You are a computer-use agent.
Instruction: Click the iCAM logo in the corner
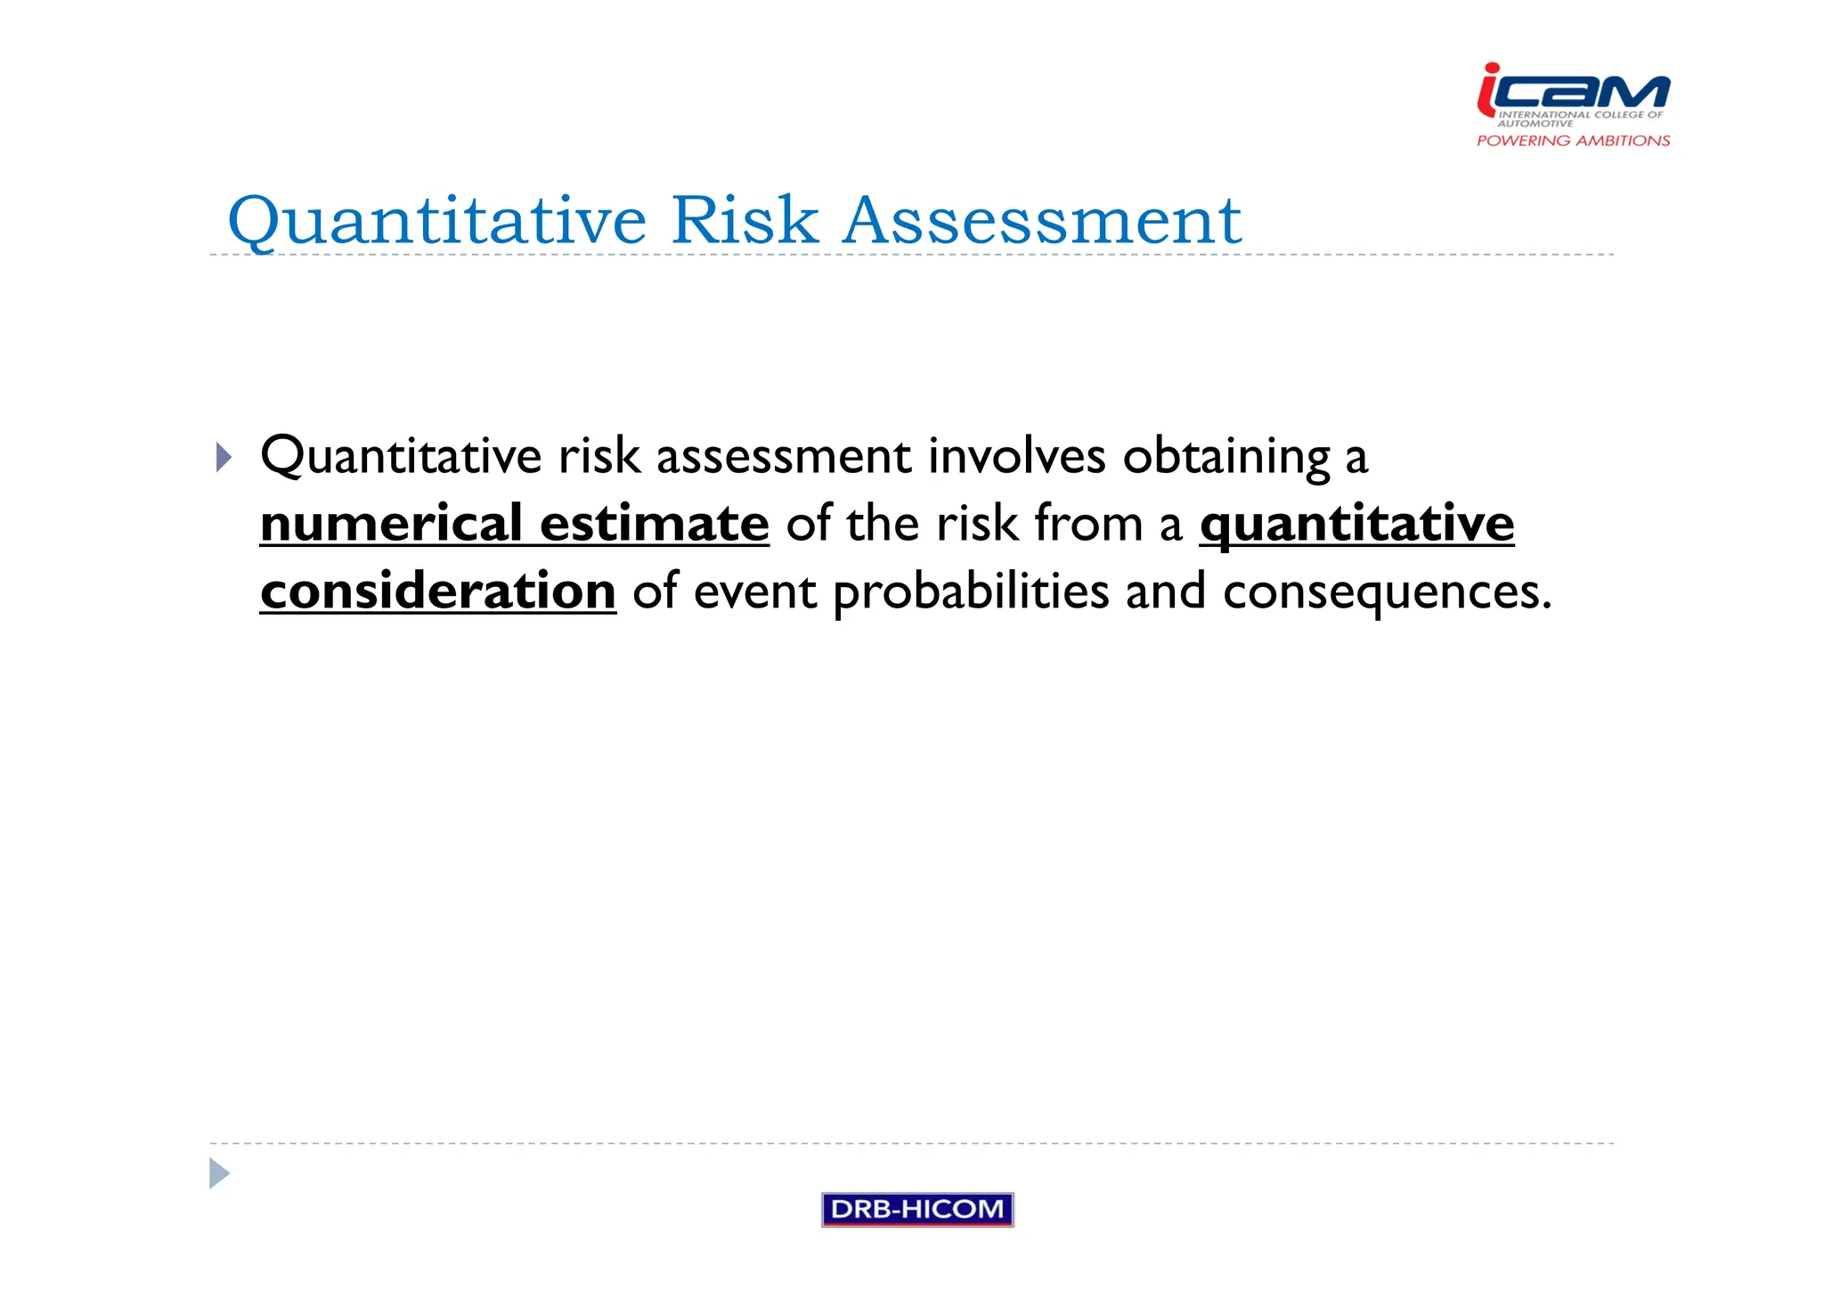tap(1573, 91)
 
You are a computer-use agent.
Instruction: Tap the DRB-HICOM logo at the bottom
tap(916, 1209)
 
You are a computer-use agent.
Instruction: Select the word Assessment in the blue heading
tap(1041, 220)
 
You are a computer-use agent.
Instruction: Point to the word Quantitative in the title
tap(436, 221)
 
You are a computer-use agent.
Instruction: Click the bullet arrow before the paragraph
tap(224, 458)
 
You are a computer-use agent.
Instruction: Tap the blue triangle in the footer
tap(219, 1173)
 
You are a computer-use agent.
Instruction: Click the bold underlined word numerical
tap(391, 523)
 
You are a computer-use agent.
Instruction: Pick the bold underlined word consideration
tap(437, 591)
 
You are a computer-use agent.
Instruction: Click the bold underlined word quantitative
tap(1356, 523)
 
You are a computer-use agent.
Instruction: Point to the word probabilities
tap(971, 592)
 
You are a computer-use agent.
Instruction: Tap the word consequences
tap(1386, 592)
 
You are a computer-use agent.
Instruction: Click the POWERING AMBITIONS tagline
tap(1573, 141)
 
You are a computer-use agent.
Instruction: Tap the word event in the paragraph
tap(754, 592)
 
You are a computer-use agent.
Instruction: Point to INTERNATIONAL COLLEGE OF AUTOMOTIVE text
tap(1579, 118)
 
